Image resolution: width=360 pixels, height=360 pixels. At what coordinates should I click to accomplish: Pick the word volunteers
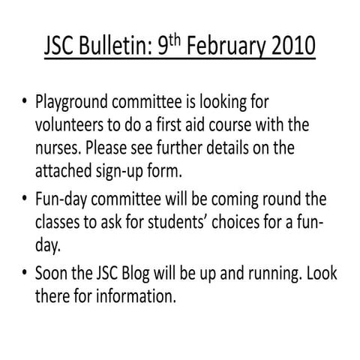71,124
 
